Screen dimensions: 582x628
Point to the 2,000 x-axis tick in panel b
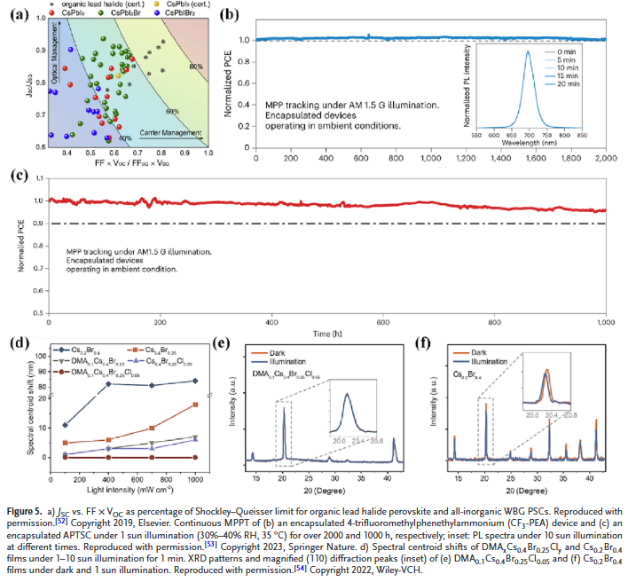(x=607, y=157)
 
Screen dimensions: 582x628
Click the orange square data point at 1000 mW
(x=193, y=405)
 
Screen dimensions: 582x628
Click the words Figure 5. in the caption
(x=26, y=508)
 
